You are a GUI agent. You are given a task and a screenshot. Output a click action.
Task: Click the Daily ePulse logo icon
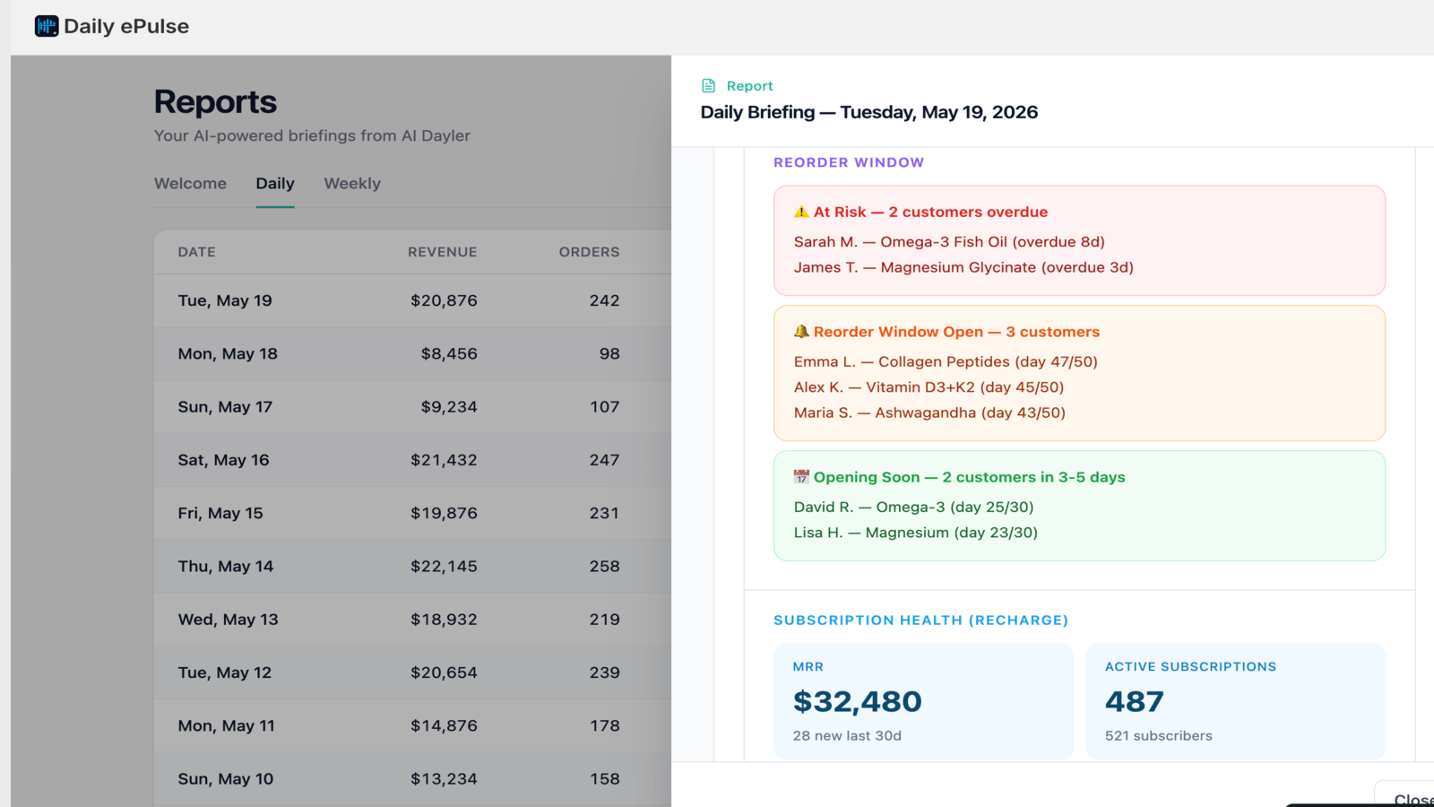pos(47,26)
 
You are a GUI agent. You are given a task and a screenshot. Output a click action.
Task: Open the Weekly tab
pos(352,183)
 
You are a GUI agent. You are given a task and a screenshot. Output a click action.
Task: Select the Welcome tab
pos(190,183)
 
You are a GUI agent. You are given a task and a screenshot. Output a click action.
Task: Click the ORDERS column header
pos(589,252)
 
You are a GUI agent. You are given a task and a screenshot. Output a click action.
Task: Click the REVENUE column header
pos(443,252)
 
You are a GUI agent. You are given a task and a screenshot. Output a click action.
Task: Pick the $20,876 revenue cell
pos(444,300)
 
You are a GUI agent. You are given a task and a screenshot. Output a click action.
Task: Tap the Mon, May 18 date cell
pos(228,353)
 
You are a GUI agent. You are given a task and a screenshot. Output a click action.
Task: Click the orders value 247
pos(604,460)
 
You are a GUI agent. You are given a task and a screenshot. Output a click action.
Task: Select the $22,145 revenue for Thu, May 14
pos(444,566)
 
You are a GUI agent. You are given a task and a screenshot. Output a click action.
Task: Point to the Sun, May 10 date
pos(225,779)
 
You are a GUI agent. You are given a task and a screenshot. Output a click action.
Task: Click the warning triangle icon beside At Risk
pos(801,212)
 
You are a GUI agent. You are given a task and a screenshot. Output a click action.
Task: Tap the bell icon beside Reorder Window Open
pos(801,332)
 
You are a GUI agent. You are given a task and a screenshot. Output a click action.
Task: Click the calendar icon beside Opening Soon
pos(801,477)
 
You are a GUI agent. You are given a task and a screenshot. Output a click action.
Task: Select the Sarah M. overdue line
pos(949,241)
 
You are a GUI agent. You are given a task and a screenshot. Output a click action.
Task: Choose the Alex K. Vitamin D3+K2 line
pos(929,386)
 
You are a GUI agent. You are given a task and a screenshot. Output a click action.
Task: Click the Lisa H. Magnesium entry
pos(915,533)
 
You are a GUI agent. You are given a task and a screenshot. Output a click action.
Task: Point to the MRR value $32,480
pos(857,701)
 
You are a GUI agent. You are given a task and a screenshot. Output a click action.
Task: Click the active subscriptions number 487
pos(1135,701)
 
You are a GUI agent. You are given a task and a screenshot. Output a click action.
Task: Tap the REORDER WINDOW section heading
pos(849,162)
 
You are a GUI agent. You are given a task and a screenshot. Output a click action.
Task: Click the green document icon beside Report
pos(709,86)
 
